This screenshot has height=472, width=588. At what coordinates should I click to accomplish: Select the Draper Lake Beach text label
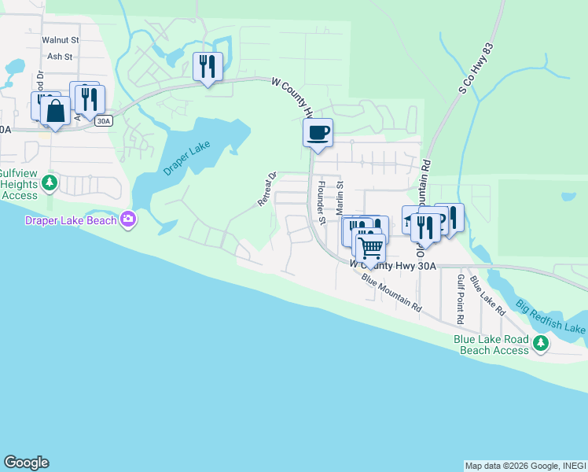pos(71,220)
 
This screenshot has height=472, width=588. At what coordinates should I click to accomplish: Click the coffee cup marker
pos(318,132)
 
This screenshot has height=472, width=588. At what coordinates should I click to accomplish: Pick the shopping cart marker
pos(369,249)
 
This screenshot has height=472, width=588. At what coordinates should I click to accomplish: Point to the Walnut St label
pos(61,39)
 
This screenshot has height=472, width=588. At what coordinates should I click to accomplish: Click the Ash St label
pos(60,57)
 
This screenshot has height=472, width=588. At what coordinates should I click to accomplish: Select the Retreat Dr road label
pos(268,190)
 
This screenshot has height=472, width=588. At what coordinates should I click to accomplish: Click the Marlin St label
pos(340,197)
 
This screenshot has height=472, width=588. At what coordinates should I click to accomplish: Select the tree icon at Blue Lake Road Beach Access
pos(540,343)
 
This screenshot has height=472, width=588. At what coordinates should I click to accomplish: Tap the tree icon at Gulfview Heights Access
pos(50,183)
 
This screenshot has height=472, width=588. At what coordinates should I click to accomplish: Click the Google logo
pos(26,463)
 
